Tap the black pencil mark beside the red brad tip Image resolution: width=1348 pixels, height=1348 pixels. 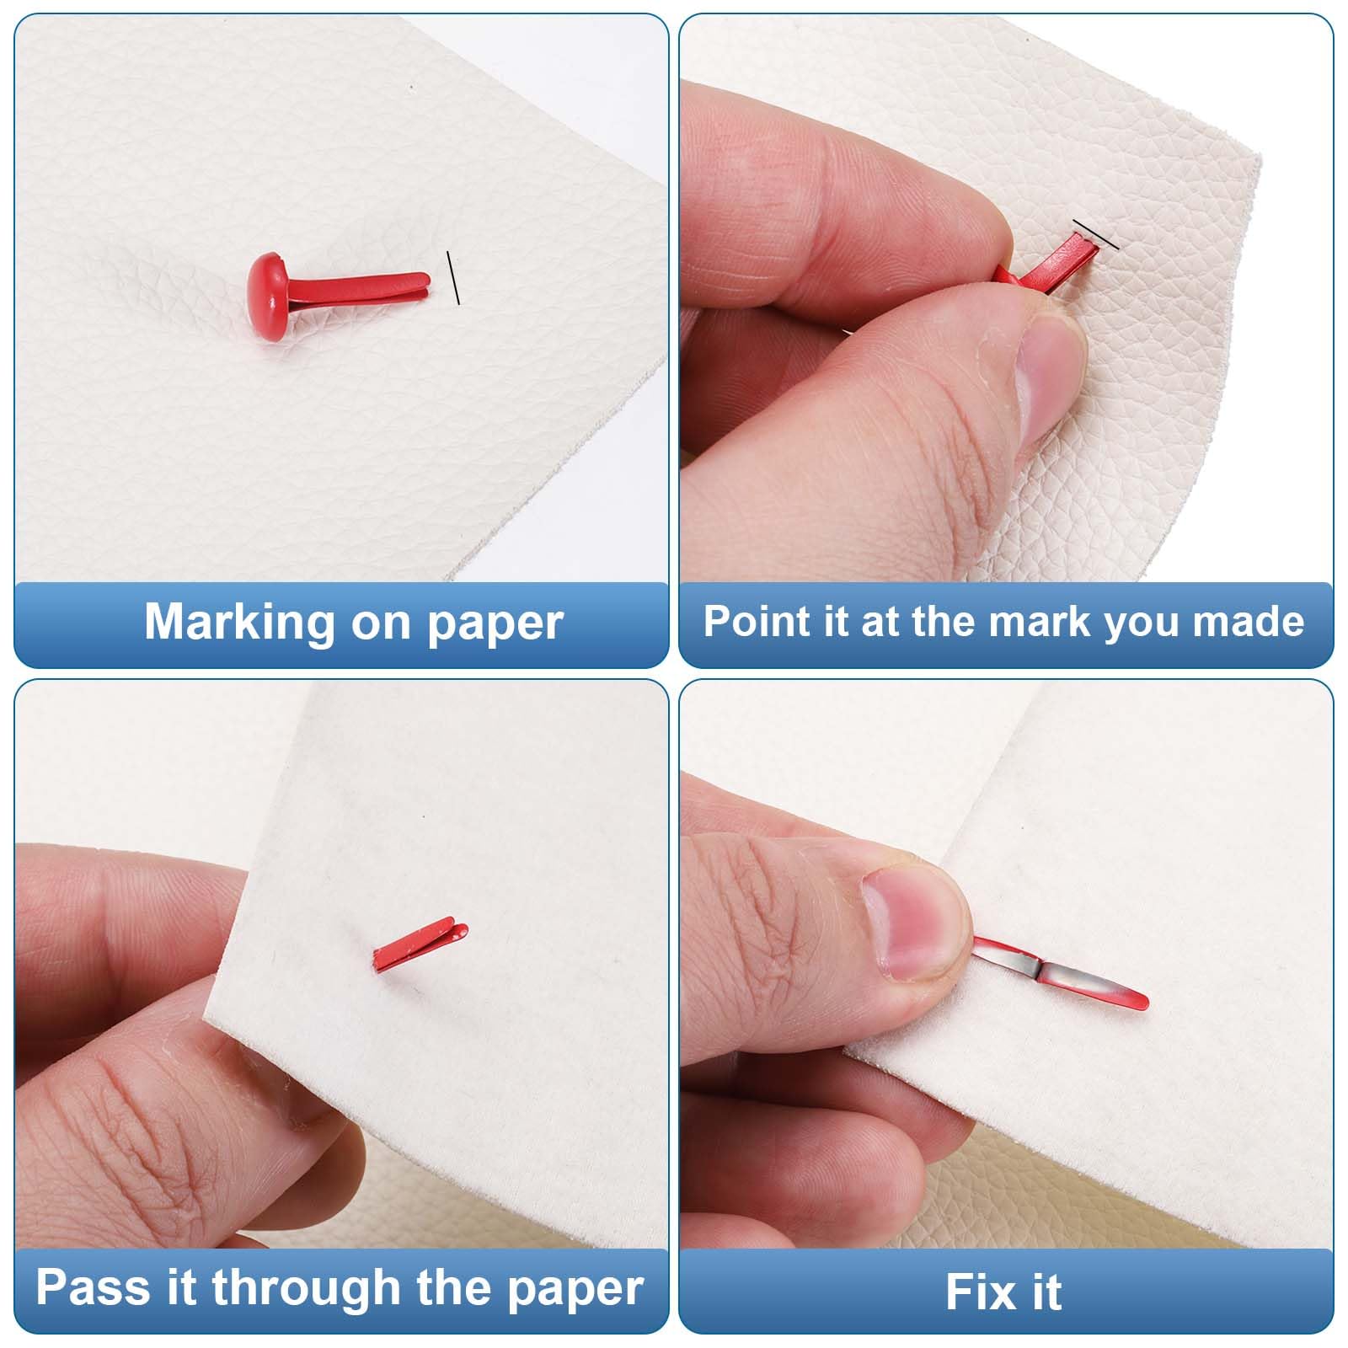[x=453, y=277]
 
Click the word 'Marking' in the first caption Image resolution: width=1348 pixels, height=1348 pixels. [x=240, y=622]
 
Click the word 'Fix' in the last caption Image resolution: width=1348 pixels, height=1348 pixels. [x=980, y=1292]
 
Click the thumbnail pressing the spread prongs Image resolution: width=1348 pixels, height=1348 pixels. [x=914, y=923]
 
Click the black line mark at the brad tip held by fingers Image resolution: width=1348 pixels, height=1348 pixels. [x=1095, y=234]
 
